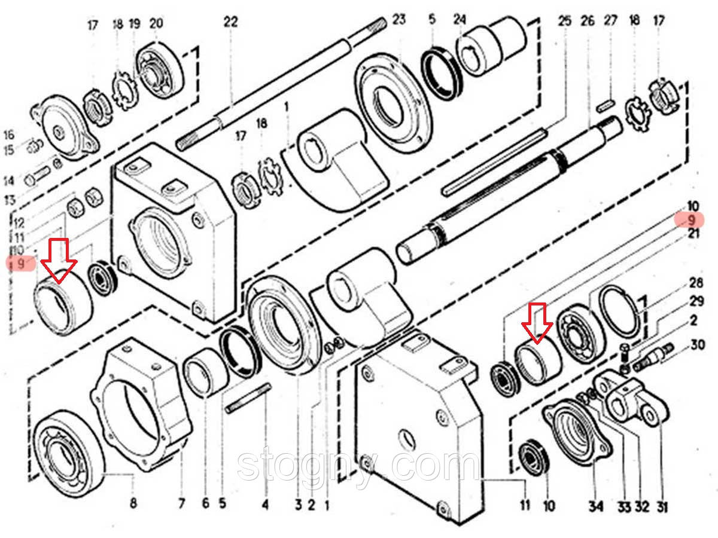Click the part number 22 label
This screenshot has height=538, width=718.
coord(230,22)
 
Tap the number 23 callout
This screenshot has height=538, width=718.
coord(399,20)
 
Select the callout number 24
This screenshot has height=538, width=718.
coord(460,20)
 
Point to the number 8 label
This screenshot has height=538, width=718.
coord(133,503)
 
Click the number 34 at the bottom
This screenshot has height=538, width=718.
coord(596,506)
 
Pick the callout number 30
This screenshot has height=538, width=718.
coord(697,345)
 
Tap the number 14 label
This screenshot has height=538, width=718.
coord(9,181)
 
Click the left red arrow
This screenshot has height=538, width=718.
coord(59,261)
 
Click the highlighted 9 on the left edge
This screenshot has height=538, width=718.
coord(21,263)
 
